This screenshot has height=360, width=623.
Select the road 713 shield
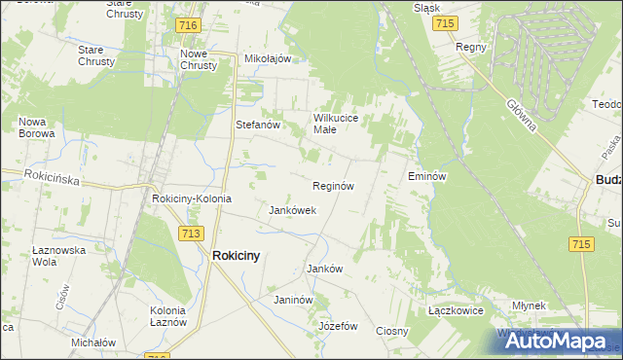click(191, 233)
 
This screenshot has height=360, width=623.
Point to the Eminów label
click(426, 177)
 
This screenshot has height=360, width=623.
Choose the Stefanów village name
click(258, 125)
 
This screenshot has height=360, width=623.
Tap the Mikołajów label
click(268, 58)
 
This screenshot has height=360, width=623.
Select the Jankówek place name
click(292, 210)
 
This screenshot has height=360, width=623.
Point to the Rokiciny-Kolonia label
click(192, 198)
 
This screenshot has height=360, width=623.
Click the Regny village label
click(470, 47)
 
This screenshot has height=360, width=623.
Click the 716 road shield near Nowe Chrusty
click(189, 22)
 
